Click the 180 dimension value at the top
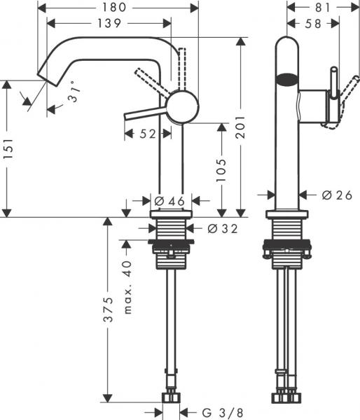pos(117,8)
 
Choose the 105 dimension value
pos(221,170)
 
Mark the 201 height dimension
pos(242,126)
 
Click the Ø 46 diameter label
pos(168,202)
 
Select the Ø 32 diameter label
pos(222,228)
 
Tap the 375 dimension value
pos(107,306)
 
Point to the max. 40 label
pos(127,277)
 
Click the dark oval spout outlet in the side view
pos(287,79)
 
